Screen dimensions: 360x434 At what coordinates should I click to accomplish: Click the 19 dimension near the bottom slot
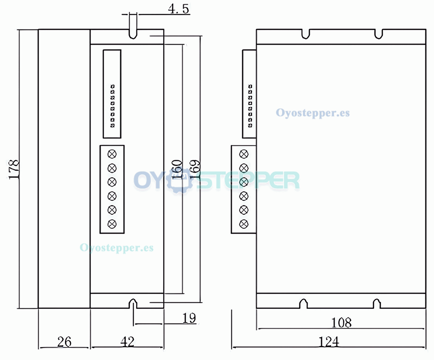(189, 318)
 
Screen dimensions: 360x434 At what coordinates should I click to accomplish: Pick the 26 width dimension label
(64, 342)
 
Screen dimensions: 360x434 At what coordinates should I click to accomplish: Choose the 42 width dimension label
(127, 342)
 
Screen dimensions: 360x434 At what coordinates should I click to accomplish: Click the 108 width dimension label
(341, 323)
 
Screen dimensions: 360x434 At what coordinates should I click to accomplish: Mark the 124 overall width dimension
(329, 342)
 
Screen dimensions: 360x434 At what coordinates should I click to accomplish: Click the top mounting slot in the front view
(133, 33)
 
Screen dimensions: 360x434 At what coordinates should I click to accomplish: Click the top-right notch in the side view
(378, 33)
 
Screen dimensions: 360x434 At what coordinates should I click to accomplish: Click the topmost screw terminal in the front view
(112, 154)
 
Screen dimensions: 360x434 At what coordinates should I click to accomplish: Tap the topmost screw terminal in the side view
(244, 154)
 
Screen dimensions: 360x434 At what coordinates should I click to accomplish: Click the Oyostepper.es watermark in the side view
(312, 113)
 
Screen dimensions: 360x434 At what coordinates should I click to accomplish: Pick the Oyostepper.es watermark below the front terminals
(116, 248)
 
